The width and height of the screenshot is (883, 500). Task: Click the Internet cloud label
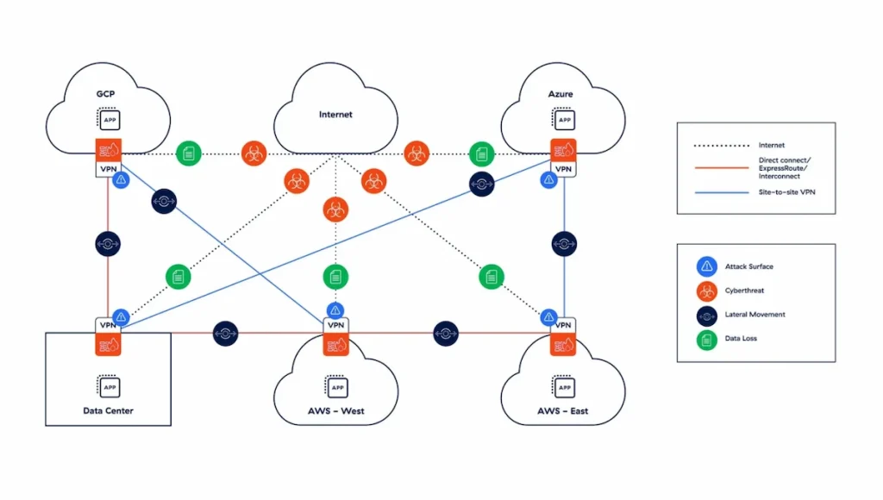pyautogui.click(x=335, y=114)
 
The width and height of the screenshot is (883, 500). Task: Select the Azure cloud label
pyautogui.click(x=561, y=92)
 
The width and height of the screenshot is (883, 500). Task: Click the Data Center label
pyautogui.click(x=108, y=410)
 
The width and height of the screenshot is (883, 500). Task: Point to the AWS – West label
pyautogui.click(x=335, y=410)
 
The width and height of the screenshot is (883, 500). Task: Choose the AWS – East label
pyautogui.click(x=561, y=410)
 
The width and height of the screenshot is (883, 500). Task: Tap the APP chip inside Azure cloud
pyautogui.click(x=564, y=120)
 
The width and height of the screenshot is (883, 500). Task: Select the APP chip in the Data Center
pyautogui.click(x=110, y=387)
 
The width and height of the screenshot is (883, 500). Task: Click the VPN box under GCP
pyautogui.click(x=109, y=169)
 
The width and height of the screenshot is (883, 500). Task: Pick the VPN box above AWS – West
pyautogui.click(x=335, y=326)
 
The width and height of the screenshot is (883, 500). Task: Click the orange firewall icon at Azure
pyautogui.click(x=564, y=149)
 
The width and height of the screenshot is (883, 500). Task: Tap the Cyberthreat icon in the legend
pyautogui.click(x=706, y=291)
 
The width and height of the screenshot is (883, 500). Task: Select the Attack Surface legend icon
pyautogui.click(x=706, y=266)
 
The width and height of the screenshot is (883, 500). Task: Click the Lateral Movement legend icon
pyautogui.click(x=706, y=315)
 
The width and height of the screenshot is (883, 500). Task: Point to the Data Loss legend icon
pyautogui.click(x=706, y=339)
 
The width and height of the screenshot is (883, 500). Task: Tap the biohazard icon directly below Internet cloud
pyautogui.click(x=335, y=209)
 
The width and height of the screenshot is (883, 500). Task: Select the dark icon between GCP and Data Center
pyautogui.click(x=109, y=244)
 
